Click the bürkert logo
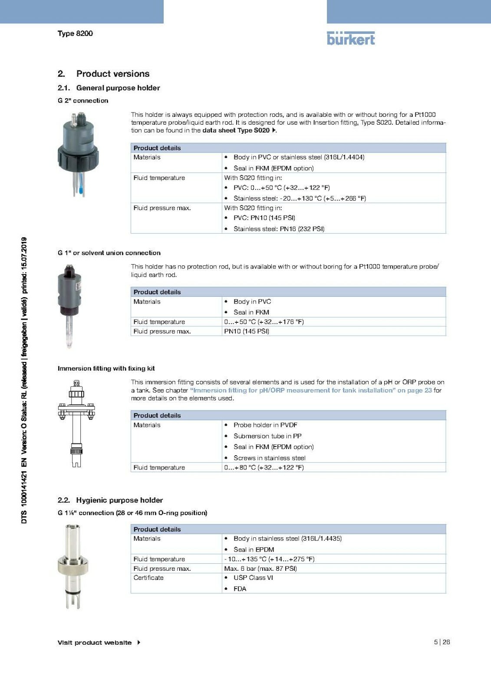pos(351,38)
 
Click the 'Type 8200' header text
pos(75,33)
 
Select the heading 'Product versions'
pos(112,74)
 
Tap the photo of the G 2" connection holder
pos(78,154)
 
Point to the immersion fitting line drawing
pos(76,424)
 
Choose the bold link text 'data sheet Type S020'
pos(237,130)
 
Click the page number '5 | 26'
pos(442,642)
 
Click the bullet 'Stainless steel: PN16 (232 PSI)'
pos(279,229)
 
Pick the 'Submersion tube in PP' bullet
pos(267,436)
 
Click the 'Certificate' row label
pos(148,578)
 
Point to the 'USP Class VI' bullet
pos(253,578)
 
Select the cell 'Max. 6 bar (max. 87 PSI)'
pos(260,569)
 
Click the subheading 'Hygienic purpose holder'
pos(119,500)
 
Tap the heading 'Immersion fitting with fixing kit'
pos(106,368)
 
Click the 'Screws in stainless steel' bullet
pos(269,458)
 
